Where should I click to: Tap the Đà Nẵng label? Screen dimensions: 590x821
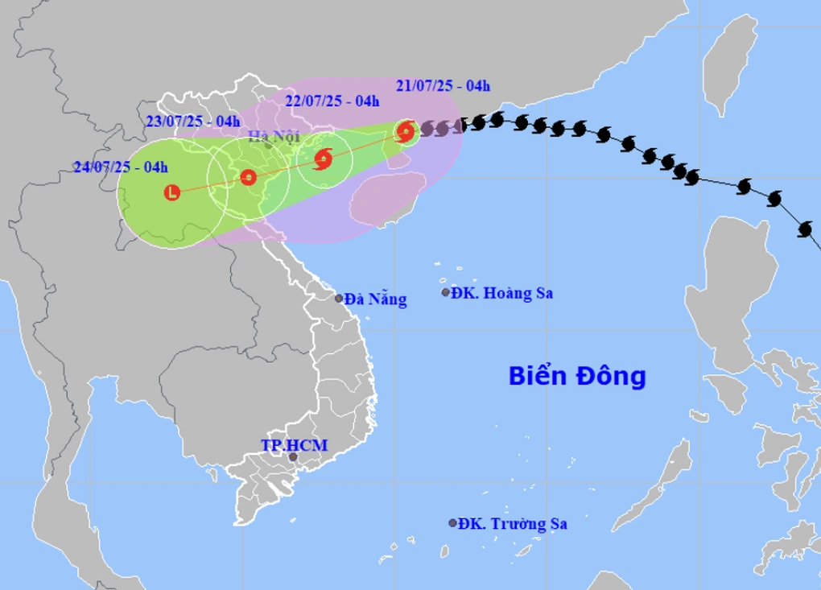pyautogui.click(x=375, y=299)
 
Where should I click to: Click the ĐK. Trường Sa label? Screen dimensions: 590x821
pyautogui.click(x=513, y=524)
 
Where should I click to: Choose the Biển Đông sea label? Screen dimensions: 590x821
pyautogui.click(x=578, y=375)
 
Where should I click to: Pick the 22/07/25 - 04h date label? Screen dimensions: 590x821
pyautogui.click(x=332, y=101)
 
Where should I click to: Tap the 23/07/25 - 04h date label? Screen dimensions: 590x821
pyautogui.click(x=194, y=122)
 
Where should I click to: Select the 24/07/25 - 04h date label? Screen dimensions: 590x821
pyautogui.click(x=121, y=167)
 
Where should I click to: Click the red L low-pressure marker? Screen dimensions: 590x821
pyautogui.click(x=171, y=192)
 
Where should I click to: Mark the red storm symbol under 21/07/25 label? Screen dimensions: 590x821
pyautogui.click(x=406, y=130)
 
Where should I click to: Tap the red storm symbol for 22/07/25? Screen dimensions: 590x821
pyautogui.click(x=323, y=159)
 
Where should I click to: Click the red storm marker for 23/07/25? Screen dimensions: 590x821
pyautogui.click(x=248, y=177)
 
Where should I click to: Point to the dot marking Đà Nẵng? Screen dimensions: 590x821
pyautogui.click(x=339, y=299)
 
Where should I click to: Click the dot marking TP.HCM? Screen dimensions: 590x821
pyautogui.click(x=293, y=457)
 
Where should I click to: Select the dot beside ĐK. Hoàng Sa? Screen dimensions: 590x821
pyautogui.click(x=445, y=293)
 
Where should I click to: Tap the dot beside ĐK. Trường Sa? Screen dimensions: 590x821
pyautogui.click(x=452, y=523)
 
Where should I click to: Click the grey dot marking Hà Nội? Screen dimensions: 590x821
pyautogui.click(x=268, y=145)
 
